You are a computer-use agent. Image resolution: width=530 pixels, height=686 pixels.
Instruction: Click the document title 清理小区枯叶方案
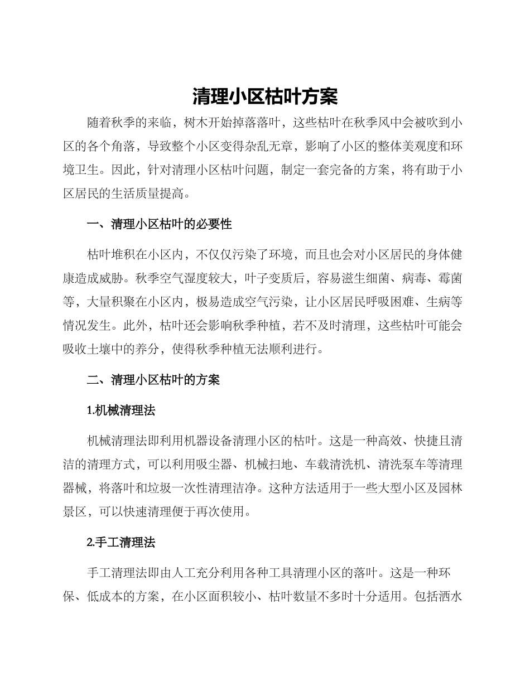pos(265,96)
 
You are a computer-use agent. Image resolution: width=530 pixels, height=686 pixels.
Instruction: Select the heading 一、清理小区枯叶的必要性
pos(160,224)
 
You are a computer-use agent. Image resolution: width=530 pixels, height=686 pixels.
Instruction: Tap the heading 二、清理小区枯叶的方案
pos(153,380)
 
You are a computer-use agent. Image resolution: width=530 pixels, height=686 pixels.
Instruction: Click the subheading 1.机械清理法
pos(121,411)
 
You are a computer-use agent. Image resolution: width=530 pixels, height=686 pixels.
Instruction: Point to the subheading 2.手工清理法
pos(121,543)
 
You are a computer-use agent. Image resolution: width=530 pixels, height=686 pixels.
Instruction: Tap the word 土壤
pos(123,351)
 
